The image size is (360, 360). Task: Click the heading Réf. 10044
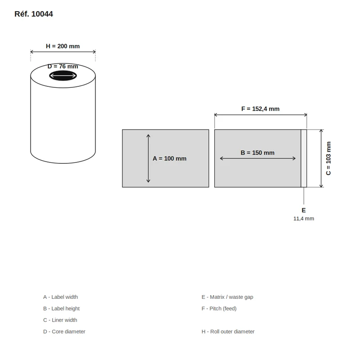click(33, 14)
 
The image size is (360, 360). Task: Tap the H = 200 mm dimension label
click(63, 46)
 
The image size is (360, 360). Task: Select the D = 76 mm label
click(63, 66)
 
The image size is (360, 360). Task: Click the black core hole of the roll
click(63, 76)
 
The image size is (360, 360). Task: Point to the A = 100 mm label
click(170, 158)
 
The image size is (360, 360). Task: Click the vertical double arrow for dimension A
click(148, 158)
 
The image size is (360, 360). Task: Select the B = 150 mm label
click(257, 153)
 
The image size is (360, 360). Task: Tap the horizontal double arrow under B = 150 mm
click(257, 158)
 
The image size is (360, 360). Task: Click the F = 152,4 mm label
click(261, 109)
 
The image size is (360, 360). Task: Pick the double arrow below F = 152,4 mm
click(261, 115)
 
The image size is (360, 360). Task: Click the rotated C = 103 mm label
click(328, 158)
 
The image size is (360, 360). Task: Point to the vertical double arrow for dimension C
click(321, 158)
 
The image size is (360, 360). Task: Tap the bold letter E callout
click(303, 210)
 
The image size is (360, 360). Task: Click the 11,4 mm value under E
click(303, 219)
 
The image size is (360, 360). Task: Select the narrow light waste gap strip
click(304, 158)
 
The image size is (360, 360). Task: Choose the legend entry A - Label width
click(61, 297)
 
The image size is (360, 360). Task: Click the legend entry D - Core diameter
click(64, 332)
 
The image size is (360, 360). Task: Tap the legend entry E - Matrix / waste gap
click(227, 297)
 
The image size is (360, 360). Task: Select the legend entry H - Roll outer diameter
click(228, 332)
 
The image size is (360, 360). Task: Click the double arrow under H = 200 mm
click(63, 52)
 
